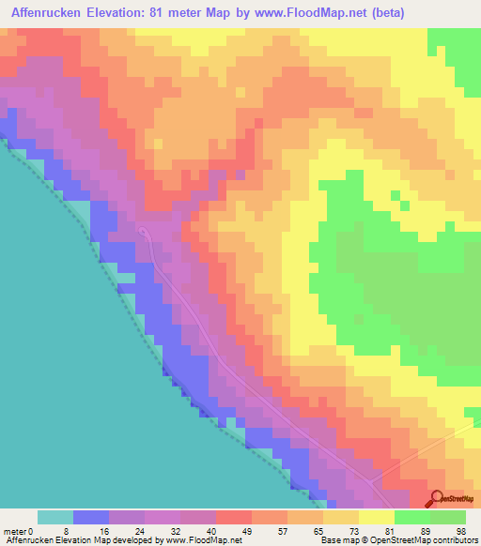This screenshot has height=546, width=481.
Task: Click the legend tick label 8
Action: pos(74,530)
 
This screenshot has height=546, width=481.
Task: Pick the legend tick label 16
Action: pos(110,530)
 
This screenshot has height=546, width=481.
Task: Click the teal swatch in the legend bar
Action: pos(55,517)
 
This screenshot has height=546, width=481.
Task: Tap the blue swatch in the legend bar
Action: pos(91,517)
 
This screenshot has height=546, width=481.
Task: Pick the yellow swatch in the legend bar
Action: pos(377,517)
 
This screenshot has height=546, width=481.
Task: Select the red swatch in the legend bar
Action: pos(234,517)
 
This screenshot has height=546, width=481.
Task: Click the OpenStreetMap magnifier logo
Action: pos(435,497)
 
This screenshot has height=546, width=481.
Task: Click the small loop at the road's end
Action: pos(143,230)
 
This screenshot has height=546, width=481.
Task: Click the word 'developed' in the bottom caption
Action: pos(132,540)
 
